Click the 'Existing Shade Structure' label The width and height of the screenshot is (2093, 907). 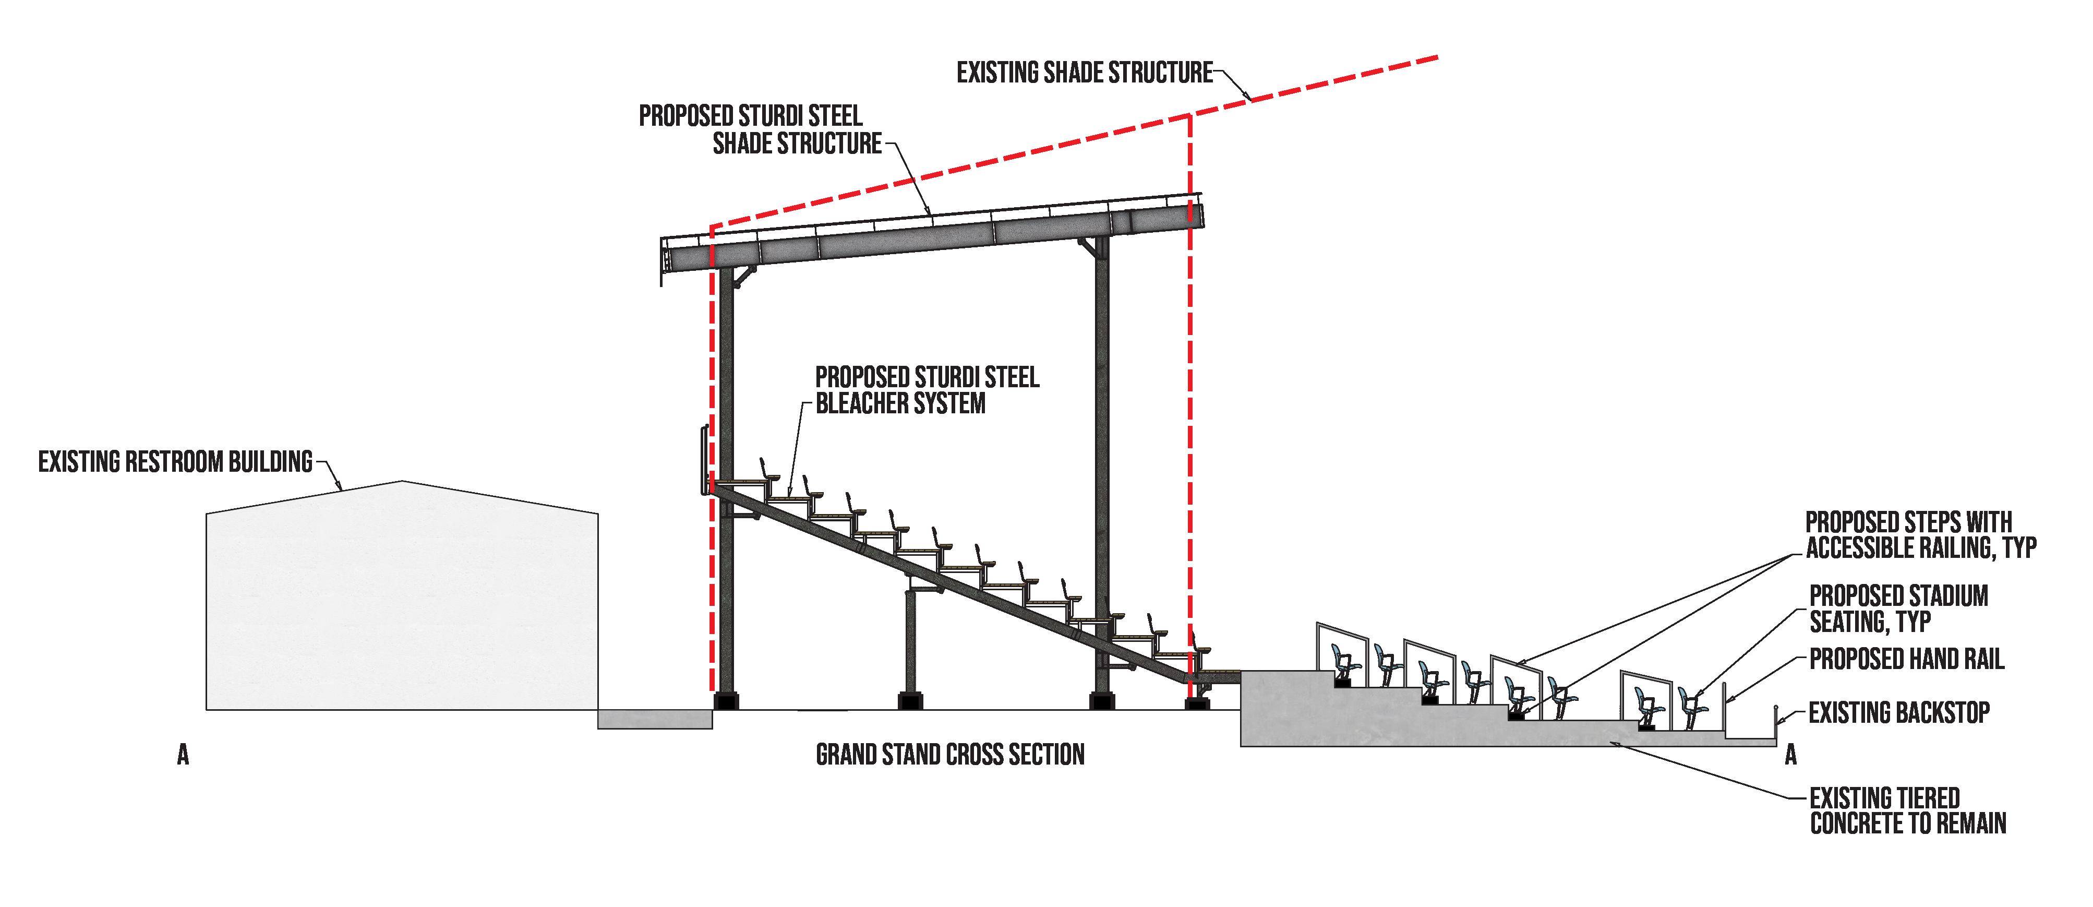1084,73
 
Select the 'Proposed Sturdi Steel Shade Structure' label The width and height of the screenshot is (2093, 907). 759,129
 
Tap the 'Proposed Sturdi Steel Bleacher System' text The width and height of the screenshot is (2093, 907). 926,390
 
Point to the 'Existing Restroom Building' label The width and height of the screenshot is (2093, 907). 175,462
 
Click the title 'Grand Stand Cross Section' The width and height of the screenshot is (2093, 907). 949,755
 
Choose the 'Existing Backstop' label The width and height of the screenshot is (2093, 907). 1899,713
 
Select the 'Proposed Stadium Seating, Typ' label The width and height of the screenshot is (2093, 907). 1898,608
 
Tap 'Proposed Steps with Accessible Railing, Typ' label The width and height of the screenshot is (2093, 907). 1920,535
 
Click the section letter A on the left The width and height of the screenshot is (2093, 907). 183,756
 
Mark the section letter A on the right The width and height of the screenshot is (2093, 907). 1790,756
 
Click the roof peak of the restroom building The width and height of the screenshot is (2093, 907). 402,482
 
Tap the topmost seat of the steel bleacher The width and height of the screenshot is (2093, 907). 766,471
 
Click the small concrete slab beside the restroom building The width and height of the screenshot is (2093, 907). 655,719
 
